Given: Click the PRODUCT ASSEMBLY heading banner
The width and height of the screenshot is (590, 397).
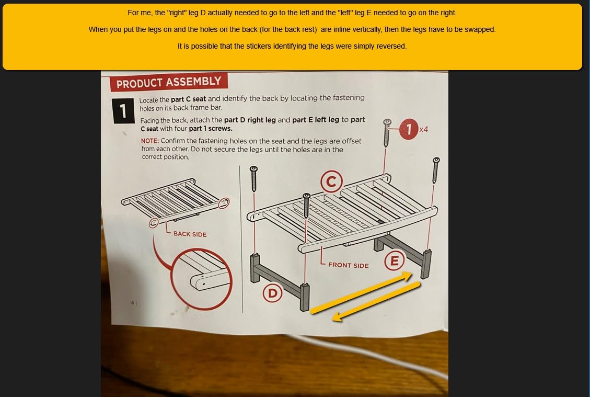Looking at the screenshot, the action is (169, 82).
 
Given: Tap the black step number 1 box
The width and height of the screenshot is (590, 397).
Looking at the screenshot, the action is (123, 111).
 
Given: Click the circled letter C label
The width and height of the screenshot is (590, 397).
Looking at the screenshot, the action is (331, 182).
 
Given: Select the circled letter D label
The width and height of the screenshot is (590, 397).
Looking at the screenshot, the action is (272, 293).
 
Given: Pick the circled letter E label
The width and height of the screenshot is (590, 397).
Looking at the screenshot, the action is (395, 260).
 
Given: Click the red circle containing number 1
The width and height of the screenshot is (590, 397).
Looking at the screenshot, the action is (409, 129).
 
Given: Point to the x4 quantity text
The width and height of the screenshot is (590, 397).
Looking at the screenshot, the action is (424, 130).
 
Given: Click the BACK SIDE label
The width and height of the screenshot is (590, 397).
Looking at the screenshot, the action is (190, 234).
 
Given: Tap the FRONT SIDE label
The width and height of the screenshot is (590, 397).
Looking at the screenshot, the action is (349, 265).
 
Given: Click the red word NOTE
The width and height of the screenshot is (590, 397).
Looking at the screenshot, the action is (150, 141).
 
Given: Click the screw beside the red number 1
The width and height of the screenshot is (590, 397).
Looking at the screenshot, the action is (386, 132).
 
